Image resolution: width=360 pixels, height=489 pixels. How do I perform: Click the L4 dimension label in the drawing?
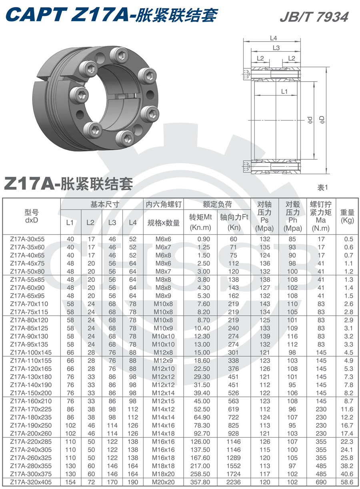(x=274, y=38)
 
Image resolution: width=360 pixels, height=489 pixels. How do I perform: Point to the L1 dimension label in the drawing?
(x=284, y=91)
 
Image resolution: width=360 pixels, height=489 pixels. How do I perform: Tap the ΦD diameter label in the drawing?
(x=321, y=120)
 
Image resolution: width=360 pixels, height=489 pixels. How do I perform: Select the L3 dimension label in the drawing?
(x=276, y=48)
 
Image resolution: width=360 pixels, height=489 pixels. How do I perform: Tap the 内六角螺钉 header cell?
(x=164, y=204)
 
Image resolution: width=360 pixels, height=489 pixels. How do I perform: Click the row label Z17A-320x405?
(x=31, y=482)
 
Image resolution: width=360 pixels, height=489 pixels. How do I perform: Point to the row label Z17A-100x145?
(x=31, y=353)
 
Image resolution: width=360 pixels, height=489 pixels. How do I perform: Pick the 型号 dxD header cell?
(x=31, y=216)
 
